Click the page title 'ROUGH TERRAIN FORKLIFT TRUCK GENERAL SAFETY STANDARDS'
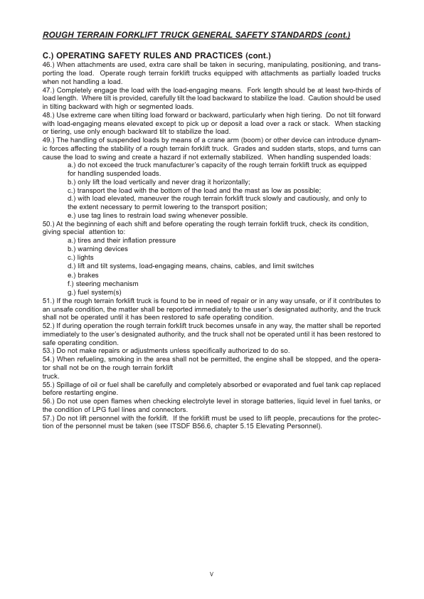[196, 34]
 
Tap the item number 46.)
[50, 64]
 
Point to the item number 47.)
[50, 90]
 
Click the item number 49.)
[50, 140]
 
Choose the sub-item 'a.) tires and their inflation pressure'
[122, 240]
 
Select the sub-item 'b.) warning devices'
[97, 249]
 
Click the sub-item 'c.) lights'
[80, 258]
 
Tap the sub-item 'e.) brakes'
[83, 275]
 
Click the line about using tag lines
[157, 216]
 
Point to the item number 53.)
[50, 351]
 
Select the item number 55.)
[50, 384]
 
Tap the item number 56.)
[50, 401]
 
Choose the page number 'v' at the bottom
[211, 573]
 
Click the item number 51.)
[50, 300]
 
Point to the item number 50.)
[50, 223]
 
